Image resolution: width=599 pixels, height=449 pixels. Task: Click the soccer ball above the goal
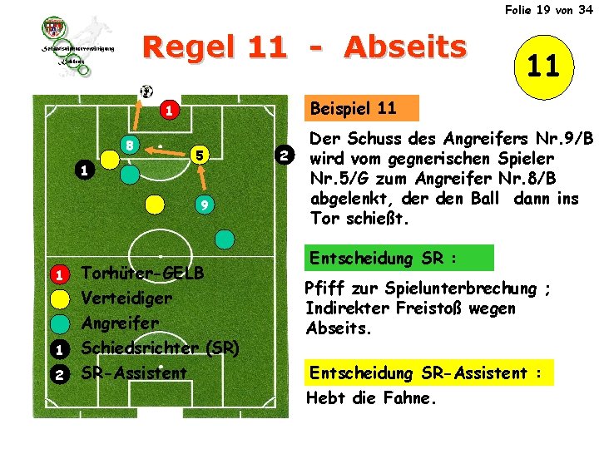[x=147, y=91]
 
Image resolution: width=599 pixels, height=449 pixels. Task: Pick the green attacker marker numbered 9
[x=204, y=205]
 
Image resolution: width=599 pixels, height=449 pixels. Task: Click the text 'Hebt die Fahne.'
[x=370, y=397]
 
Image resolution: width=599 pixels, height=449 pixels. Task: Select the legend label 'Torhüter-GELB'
[x=142, y=274]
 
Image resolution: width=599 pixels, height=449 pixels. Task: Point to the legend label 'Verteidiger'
[x=126, y=298]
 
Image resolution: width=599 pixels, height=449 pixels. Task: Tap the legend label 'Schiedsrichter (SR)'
[x=161, y=348]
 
